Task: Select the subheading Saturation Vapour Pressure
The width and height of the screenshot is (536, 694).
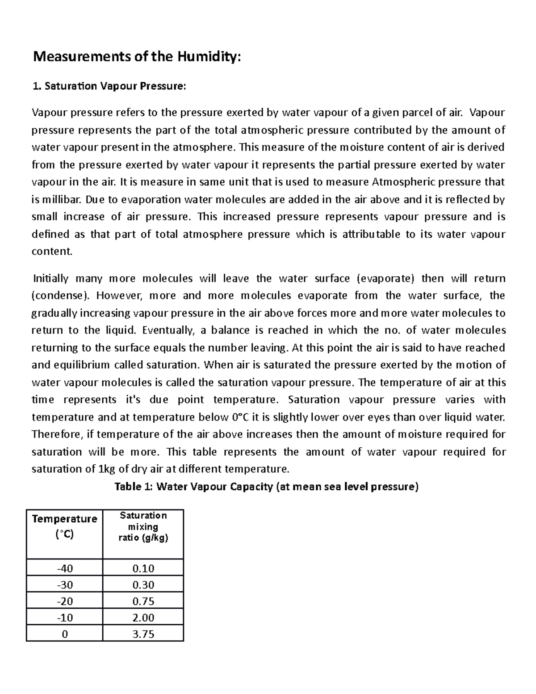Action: point(109,86)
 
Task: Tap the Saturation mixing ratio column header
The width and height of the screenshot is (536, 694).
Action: point(143,526)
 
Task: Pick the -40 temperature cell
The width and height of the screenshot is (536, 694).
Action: point(65,568)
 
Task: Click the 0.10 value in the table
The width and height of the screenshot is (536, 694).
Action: point(143,568)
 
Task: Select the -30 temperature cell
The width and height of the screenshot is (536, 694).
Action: point(65,585)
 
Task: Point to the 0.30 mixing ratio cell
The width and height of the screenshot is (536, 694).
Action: point(143,585)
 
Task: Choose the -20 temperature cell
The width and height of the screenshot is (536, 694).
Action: point(65,601)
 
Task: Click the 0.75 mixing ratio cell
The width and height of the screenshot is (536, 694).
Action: point(143,601)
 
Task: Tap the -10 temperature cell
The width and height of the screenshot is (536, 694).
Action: point(65,618)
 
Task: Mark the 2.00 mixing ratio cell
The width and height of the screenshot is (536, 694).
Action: point(143,618)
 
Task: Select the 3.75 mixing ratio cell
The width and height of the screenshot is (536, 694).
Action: point(143,634)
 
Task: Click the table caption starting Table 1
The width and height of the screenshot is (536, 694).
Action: point(267,487)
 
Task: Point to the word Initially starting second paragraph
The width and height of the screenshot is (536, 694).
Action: point(50,278)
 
